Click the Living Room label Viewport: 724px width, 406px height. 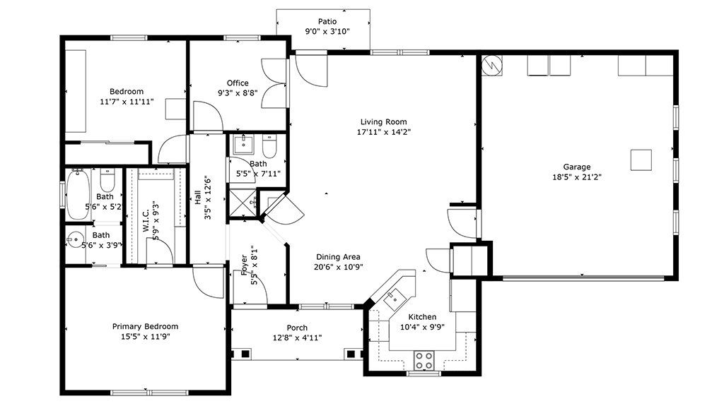point(384,121)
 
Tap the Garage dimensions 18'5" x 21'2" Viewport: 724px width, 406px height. point(577,177)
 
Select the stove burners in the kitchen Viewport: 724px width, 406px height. point(424,360)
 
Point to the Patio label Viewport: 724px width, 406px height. point(327,21)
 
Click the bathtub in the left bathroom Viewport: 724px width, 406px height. point(77,194)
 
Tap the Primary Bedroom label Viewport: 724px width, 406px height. point(145,326)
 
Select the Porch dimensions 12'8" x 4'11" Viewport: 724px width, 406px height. point(297,338)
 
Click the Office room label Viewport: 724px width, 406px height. point(238,83)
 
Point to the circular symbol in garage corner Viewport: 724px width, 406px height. point(492,65)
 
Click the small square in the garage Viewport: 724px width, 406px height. point(641,160)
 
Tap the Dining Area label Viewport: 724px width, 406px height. point(338,257)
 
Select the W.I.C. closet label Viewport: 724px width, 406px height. point(146,222)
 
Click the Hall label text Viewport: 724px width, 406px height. point(198,198)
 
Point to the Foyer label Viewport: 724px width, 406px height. point(244,265)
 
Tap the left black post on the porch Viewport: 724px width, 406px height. point(245,354)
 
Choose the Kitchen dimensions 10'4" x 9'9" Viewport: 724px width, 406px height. point(422,327)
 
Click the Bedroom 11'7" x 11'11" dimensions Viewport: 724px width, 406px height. point(127,102)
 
